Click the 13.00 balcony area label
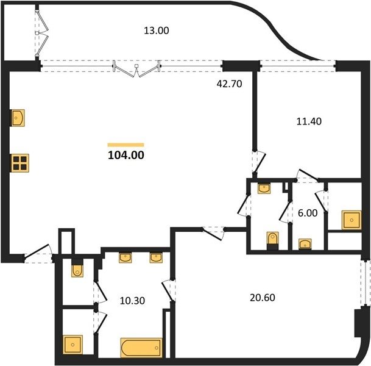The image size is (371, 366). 157,30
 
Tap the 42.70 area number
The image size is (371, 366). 229,84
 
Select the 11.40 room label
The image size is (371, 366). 309,121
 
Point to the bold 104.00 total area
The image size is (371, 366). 126,155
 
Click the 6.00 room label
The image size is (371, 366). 308,213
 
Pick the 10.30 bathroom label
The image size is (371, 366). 132,301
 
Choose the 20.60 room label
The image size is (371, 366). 263,298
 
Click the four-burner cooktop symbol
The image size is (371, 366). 20,163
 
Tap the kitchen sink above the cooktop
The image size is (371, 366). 18,118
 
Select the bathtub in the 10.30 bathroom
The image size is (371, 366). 141,348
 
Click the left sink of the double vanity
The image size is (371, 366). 125,258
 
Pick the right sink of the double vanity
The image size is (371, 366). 156,258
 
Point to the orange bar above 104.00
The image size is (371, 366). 126,145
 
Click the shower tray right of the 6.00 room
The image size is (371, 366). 352,220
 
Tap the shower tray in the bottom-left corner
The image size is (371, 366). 72,345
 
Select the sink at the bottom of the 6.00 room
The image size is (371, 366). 305,244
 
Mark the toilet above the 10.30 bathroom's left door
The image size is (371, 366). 77,268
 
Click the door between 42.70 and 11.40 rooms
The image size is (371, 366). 259,162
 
